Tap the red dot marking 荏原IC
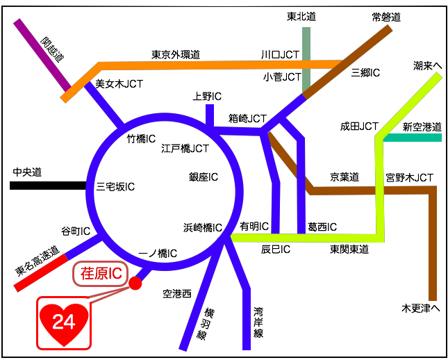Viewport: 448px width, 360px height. point(135,283)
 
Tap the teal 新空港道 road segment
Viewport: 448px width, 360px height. point(413,138)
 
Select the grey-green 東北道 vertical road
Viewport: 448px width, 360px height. point(306,59)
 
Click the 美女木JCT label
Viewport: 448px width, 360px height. point(119,85)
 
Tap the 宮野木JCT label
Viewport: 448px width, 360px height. point(410,178)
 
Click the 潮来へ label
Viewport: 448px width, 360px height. point(427,65)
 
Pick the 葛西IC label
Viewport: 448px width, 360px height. point(322,227)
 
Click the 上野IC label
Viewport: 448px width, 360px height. point(207,97)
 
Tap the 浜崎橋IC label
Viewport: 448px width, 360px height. point(202,227)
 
